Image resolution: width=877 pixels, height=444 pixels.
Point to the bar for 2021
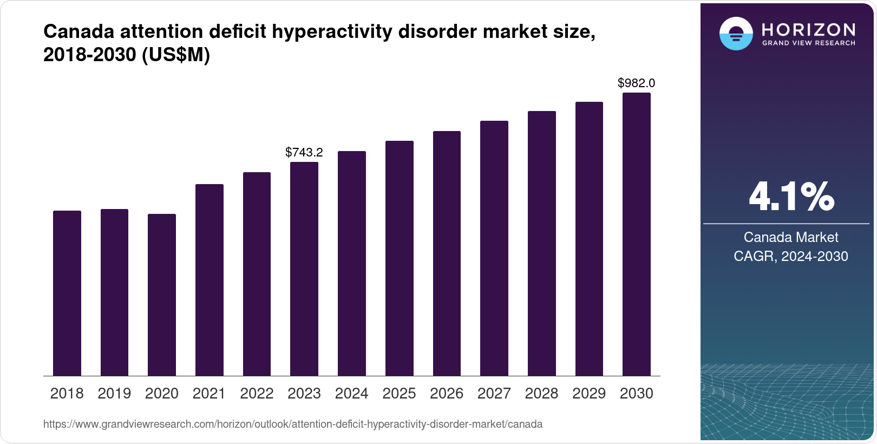[210, 280]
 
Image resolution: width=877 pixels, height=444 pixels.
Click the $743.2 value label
[304, 153]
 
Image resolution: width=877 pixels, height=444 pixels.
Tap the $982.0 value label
[637, 83]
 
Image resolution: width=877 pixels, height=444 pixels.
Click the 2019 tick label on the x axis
[114, 394]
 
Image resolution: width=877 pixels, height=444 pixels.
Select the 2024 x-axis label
[352, 394]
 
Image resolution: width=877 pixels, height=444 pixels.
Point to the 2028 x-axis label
[541, 394]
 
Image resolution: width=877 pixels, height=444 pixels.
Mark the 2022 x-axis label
[257, 394]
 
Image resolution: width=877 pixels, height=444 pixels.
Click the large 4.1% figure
[791, 197]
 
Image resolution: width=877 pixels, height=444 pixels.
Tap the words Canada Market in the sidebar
[791, 237]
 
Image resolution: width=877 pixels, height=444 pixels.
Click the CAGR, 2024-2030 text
[791, 256]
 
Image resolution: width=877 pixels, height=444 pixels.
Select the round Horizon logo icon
[736, 34]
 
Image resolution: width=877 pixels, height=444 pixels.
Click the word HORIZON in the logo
[809, 29]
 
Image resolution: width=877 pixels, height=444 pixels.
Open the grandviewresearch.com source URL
[293, 425]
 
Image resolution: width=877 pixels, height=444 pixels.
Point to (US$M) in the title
[175, 55]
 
